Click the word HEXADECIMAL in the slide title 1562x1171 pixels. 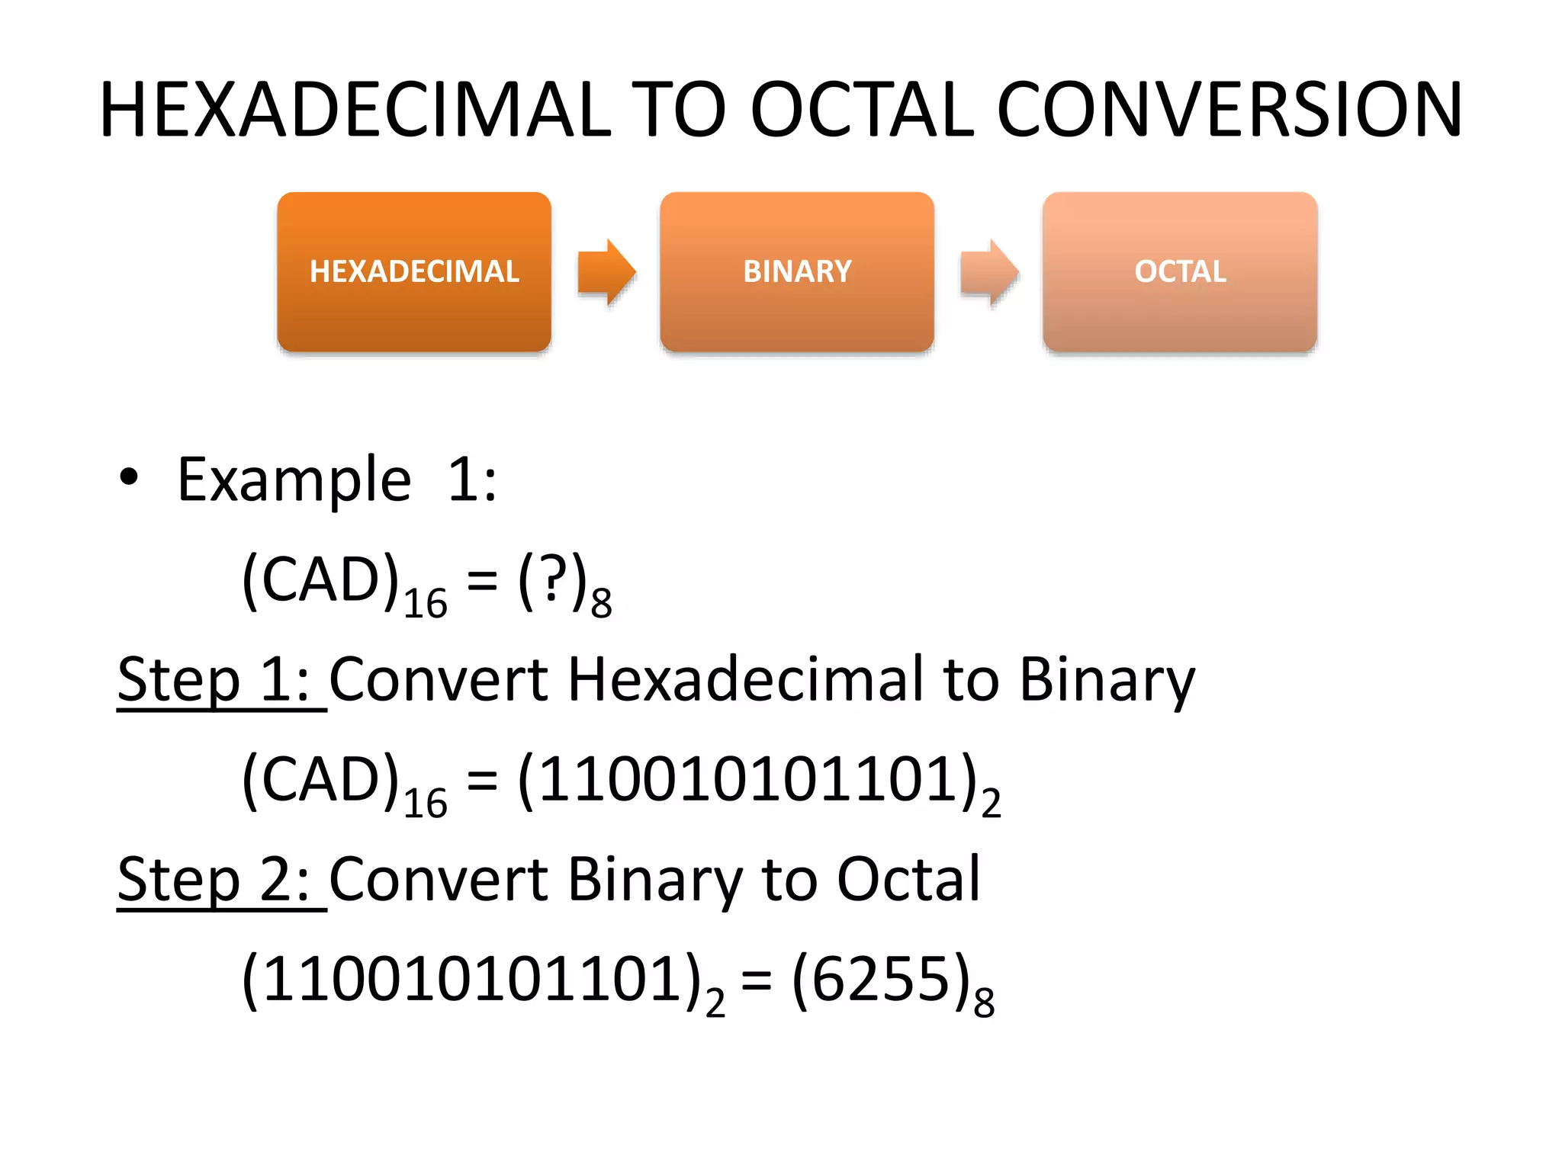355,111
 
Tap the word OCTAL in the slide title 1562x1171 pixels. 863,111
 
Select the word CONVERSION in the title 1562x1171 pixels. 1229,111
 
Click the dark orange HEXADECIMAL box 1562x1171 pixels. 414,272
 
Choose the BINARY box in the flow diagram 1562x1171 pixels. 797,272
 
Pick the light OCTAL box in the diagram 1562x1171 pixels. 1180,272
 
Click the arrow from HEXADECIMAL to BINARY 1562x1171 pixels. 606,272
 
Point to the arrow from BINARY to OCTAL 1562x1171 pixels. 989,272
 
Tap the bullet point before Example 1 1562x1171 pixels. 129,477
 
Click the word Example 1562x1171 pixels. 294,480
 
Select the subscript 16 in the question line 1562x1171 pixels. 425,605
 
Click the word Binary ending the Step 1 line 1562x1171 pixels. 1107,680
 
